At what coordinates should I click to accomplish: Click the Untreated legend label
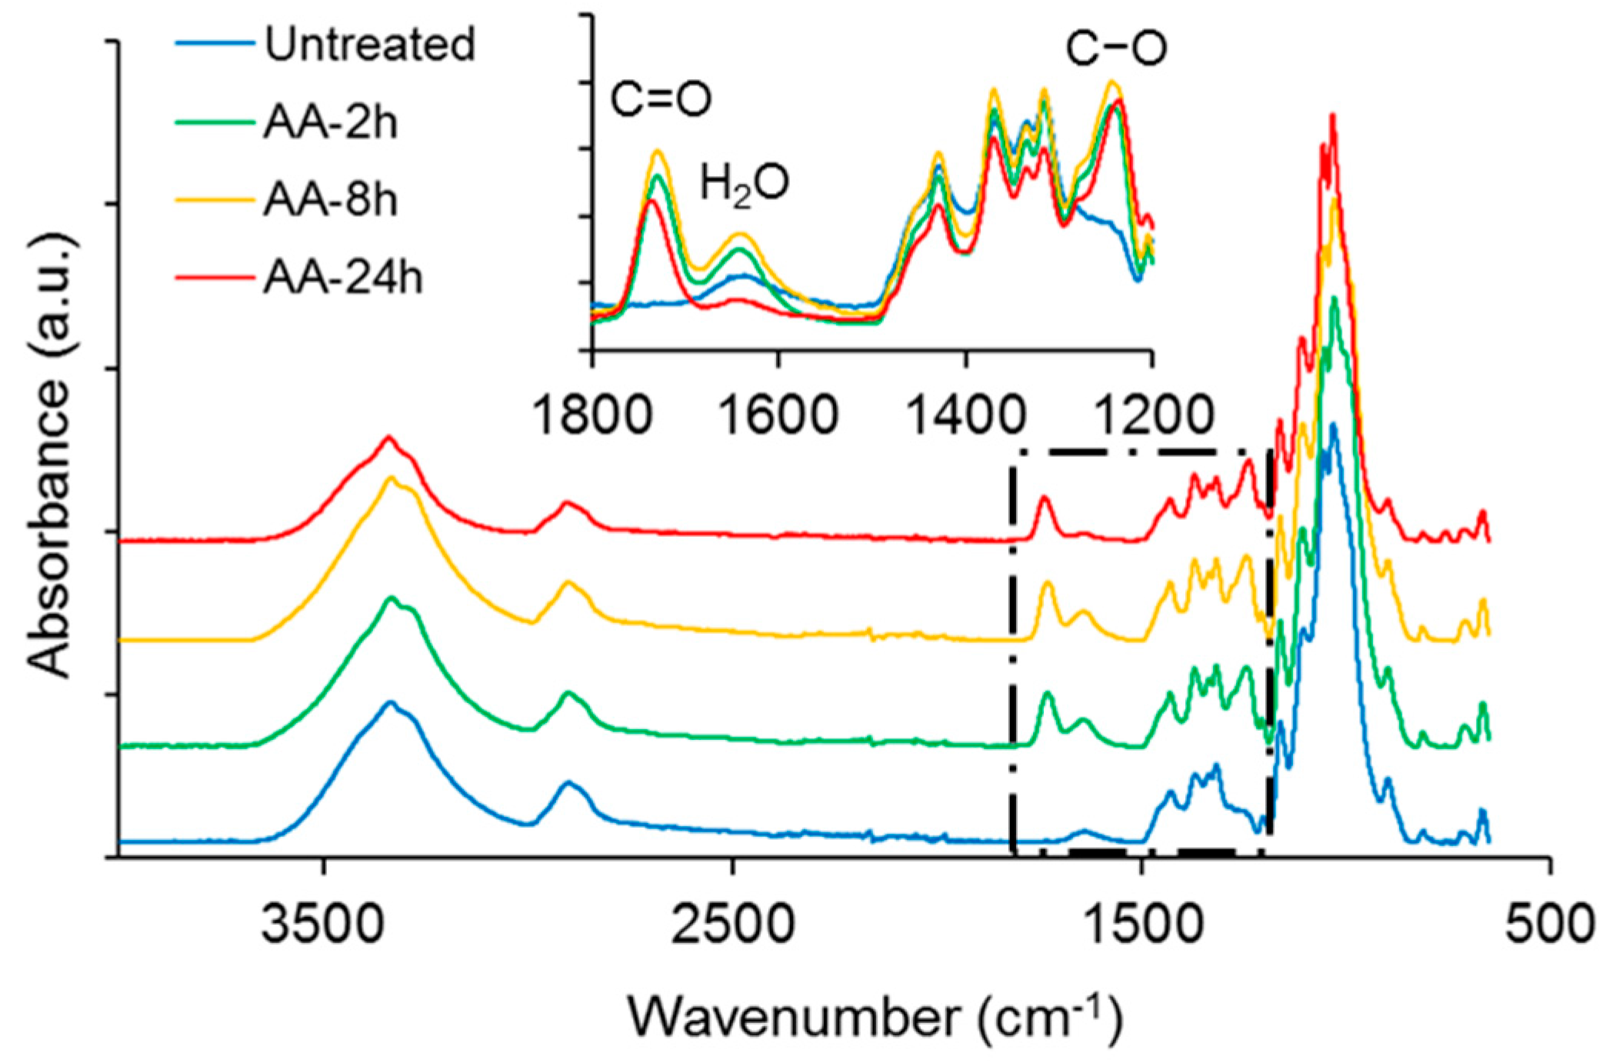tap(369, 44)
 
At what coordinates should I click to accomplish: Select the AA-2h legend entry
tap(331, 122)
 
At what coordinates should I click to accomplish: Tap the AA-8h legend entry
tap(331, 200)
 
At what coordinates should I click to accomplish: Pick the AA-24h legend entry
tap(343, 277)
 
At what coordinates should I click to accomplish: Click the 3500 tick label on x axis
tap(323, 924)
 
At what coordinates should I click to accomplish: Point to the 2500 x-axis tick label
tap(732, 924)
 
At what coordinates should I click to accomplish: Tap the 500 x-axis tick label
tap(1549, 924)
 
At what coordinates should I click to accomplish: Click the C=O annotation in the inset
tap(661, 100)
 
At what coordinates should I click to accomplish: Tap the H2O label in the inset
tap(744, 185)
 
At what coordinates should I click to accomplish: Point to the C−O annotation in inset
tap(1115, 48)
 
